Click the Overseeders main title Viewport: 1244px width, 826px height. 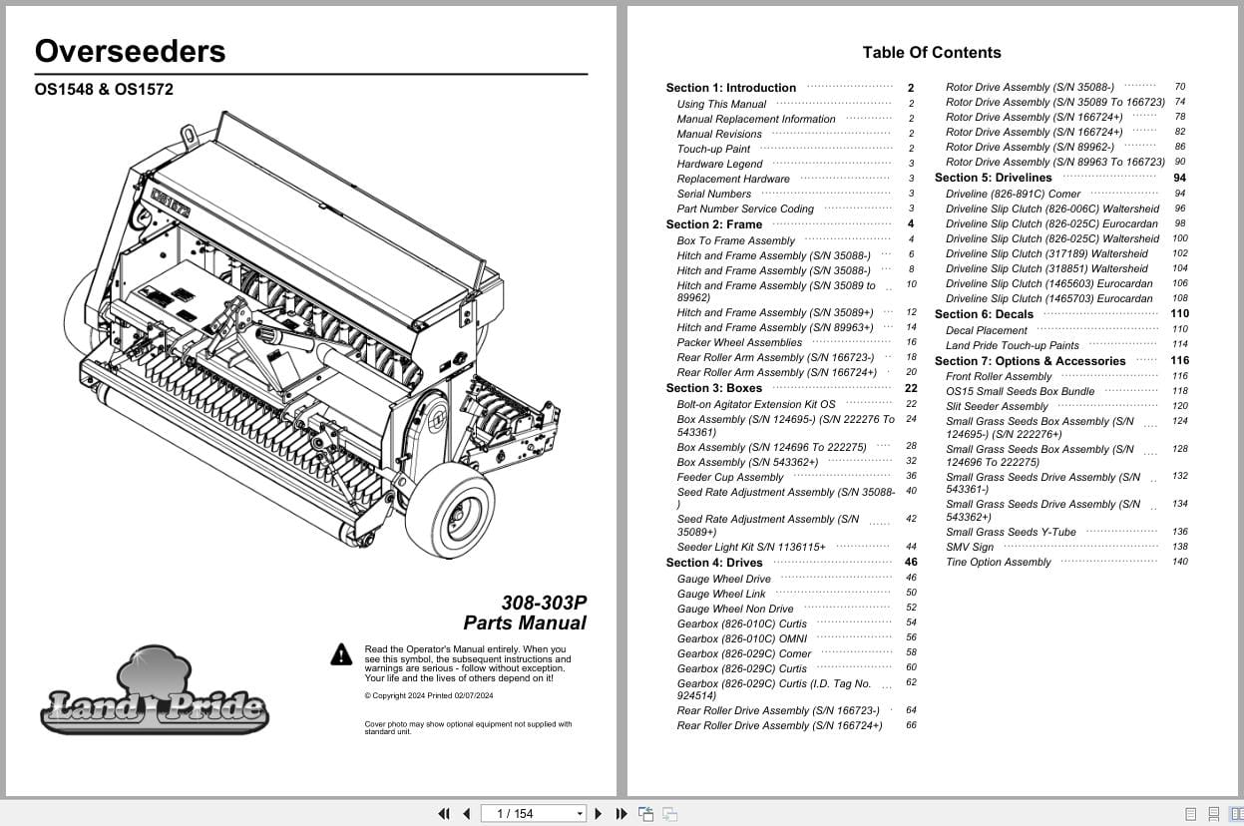pyautogui.click(x=131, y=52)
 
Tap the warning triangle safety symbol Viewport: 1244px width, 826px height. pyautogui.click(x=342, y=654)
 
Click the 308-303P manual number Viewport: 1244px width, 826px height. pyautogui.click(x=544, y=603)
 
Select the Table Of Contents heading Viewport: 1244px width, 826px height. pyautogui.click(x=931, y=53)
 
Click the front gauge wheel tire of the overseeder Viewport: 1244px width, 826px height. pyautogui.click(x=448, y=510)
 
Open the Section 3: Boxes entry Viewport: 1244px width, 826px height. pyautogui.click(x=714, y=388)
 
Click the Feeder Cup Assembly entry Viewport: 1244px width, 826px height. pyautogui.click(x=730, y=477)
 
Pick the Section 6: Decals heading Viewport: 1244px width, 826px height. pyautogui.click(x=984, y=314)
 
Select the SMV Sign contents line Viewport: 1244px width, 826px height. pyautogui.click(x=970, y=547)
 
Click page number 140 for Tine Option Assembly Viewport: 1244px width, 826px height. pyautogui.click(x=1180, y=562)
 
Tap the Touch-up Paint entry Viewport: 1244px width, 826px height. pyautogui.click(x=713, y=149)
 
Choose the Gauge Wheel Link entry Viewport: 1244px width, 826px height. pyautogui.click(x=721, y=594)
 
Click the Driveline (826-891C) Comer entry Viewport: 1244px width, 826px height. pyautogui.click(x=1013, y=194)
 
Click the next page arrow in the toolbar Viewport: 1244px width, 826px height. pyautogui.click(x=598, y=814)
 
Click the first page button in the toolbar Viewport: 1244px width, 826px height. pyautogui.click(x=444, y=814)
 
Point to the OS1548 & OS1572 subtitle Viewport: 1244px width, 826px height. pyautogui.click(x=104, y=90)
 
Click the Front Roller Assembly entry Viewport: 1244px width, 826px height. pyautogui.click(x=999, y=376)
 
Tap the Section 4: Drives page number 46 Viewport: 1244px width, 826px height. pyautogui.click(x=910, y=563)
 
